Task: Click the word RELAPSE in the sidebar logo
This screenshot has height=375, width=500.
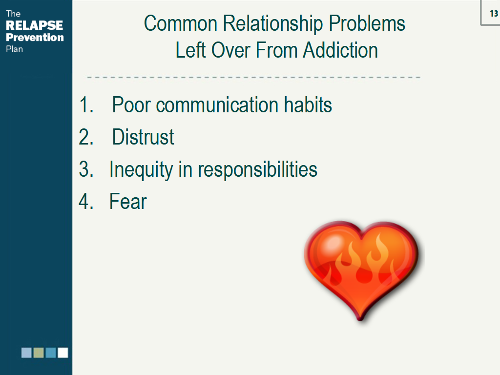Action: click(35, 25)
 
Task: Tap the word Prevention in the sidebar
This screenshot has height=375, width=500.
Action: click(35, 37)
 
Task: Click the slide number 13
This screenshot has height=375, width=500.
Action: click(494, 13)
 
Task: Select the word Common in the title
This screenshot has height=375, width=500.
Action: click(181, 23)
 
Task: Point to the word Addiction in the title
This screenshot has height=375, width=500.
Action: click(340, 50)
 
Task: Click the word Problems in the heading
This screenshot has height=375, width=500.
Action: click(367, 23)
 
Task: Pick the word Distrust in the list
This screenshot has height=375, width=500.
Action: click(143, 137)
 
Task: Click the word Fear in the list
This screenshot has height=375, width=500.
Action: click(128, 201)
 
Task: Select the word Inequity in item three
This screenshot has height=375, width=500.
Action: click(141, 169)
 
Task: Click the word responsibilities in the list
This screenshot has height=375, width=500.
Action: click(257, 169)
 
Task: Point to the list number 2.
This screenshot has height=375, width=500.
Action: click(86, 137)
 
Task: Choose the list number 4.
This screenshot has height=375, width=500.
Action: click(86, 201)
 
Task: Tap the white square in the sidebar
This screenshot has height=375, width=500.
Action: click(63, 353)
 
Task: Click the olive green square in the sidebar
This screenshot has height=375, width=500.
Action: click(39, 353)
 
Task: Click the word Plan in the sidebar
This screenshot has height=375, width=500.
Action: click(14, 49)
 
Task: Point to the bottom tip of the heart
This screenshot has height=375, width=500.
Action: click(360, 320)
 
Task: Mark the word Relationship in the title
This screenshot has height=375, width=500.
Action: click(272, 23)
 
